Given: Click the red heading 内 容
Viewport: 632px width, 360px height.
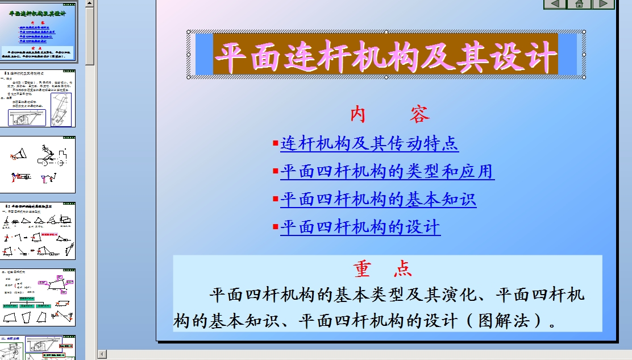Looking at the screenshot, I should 389,115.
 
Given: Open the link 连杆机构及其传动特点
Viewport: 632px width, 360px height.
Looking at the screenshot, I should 369,143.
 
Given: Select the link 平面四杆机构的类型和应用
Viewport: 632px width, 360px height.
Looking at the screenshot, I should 387,171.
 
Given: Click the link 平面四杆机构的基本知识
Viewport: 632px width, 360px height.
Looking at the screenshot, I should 378,199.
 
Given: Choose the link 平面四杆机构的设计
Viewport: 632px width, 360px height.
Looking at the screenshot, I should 360,227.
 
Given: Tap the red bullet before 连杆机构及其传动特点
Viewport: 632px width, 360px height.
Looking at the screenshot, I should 276,143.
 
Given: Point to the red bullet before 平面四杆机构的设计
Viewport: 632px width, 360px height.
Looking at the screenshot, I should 276,227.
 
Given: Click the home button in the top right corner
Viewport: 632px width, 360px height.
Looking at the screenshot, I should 579,4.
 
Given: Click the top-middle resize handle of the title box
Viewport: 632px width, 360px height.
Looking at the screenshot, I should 386,32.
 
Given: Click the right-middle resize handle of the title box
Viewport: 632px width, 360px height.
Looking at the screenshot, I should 584,55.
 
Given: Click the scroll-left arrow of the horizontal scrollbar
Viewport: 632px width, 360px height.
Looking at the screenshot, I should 102,354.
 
